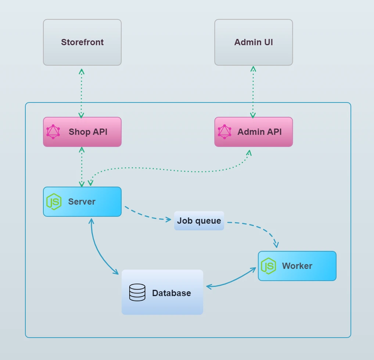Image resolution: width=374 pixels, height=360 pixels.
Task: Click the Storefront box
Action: pos(82,42)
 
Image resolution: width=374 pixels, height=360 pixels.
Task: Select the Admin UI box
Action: pos(253,42)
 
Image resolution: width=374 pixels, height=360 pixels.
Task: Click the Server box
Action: pos(82,202)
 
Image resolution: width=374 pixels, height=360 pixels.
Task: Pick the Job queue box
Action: pos(199,221)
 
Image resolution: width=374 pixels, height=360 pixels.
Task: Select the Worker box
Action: pos(297,266)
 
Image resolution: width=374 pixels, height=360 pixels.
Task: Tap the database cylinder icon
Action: pos(137,292)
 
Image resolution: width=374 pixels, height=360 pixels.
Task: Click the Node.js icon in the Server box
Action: pos(54,202)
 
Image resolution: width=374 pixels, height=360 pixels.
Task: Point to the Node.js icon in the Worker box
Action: pos(268,266)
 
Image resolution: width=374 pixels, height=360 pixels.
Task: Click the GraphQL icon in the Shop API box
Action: pos(53,132)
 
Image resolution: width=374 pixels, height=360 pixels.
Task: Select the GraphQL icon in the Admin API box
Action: pos(224,132)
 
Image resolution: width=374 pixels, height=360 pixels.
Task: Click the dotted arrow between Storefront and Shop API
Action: pos(82,92)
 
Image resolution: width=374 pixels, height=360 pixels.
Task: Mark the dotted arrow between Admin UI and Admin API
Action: pos(253,92)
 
